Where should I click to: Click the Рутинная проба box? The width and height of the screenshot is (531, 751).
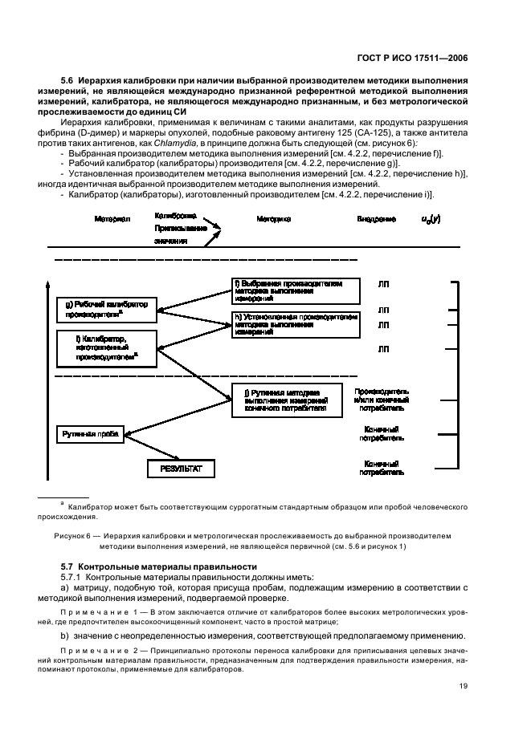91,434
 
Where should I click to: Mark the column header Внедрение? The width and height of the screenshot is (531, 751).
377,218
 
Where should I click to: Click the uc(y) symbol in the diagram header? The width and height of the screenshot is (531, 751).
431,218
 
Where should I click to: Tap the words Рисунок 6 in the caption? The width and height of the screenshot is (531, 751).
72,534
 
